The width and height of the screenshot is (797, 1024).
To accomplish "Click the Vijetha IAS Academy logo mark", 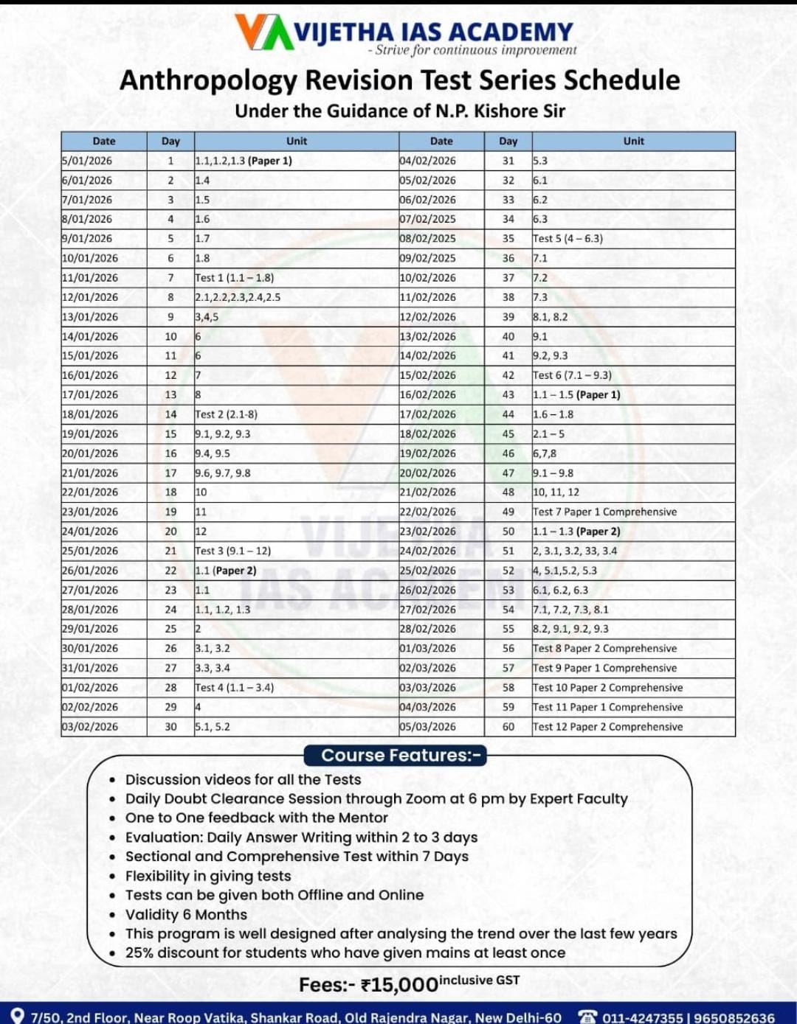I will (x=263, y=32).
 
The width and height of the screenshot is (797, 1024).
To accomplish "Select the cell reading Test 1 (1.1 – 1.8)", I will (x=235, y=278).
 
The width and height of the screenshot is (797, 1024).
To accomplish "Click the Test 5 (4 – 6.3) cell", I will (x=567, y=239).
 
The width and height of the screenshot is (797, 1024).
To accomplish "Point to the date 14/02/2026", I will (x=428, y=355).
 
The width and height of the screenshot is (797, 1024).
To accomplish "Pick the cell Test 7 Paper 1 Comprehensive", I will (x=604, y=512).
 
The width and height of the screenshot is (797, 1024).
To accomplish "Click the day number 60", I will (x=508, y=727).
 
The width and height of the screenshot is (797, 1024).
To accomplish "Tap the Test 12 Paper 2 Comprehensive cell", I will (x=607, y=727).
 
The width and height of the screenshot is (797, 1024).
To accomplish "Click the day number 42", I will (x=508, y=375).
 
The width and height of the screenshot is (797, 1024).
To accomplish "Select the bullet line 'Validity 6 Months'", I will (x=186, y=915).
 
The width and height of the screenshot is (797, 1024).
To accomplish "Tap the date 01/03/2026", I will (x=428, y=649).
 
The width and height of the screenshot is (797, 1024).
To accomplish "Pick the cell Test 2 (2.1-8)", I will (x=227, y=414).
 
